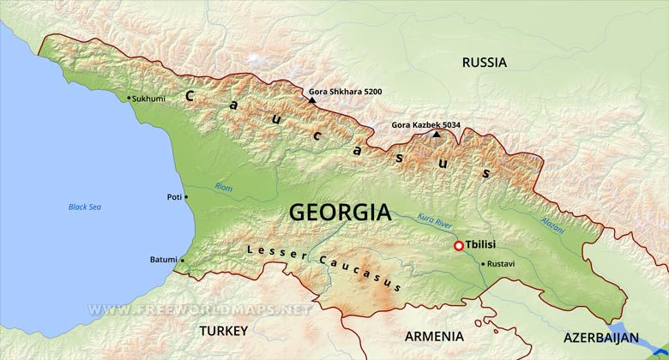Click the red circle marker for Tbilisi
(x=459, y=246)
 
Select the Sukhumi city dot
(x=130, y=98)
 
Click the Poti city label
(x=174, y=197)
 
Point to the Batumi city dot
(x=183, y=260)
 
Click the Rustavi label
(x=501, y=264)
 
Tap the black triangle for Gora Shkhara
(x=312, y=100)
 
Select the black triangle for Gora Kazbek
(x=437, y=134)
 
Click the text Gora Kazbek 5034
(x=425, y=125)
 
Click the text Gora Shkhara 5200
(x=346, y=91)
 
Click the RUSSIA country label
(x=484, y=63)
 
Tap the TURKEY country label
(x=223, y=330)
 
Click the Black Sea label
(x=85, y=207)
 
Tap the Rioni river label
(x=223, y=187)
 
